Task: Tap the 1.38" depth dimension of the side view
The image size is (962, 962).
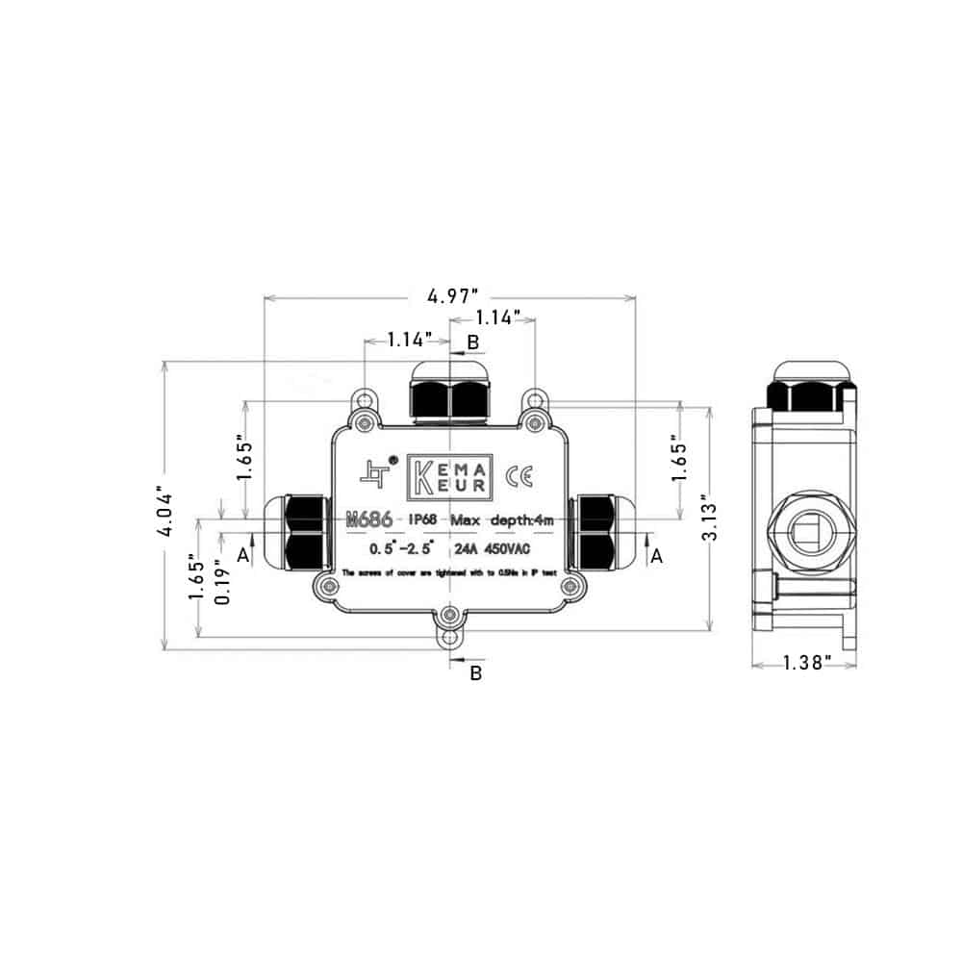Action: coord(804,663)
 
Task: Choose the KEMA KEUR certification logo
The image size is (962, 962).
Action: coord(450,477)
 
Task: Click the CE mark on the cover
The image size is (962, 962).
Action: coord(526,475)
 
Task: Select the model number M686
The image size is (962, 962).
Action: coord(367,520)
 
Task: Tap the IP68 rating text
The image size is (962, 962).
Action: coord(425,520)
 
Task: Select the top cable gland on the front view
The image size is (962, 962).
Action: coord(450,392)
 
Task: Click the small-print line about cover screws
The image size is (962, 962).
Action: coord(449,573)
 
